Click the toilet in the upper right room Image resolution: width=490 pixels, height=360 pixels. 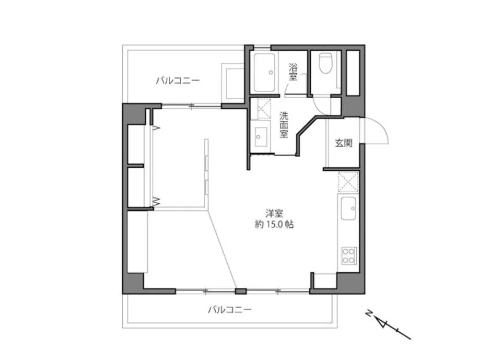(x=326, y=63)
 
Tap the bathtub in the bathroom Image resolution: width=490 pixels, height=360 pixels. (x=265, y=73)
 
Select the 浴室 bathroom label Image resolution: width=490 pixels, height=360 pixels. (x=293, y=72)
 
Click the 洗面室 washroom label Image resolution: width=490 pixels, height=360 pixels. (x=284, y=125)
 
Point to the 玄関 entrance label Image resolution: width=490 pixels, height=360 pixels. (x=344, y=143)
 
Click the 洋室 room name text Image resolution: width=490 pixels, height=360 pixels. (x=274, y=213)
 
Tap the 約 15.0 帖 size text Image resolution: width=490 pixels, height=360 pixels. (x=274, y=224)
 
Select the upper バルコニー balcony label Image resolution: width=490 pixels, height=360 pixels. (x=178, y=81)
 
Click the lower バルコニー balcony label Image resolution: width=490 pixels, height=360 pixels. (x=229, y=310)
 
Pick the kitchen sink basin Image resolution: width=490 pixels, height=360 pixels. (x=348, y=208)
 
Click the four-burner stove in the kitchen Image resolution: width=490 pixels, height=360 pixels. (x=349, y=256)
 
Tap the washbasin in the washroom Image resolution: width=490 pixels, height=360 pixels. (x=261, y=137)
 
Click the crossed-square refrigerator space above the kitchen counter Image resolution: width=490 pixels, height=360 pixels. (x=348, y=182)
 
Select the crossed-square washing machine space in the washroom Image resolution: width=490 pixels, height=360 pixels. (x=264, y=109)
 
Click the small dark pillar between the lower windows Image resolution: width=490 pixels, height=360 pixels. (x=240, y=291)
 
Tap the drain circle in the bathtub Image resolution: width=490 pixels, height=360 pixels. (x=271, y=73)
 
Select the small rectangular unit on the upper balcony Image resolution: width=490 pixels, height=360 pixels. (x=232, y=82)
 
